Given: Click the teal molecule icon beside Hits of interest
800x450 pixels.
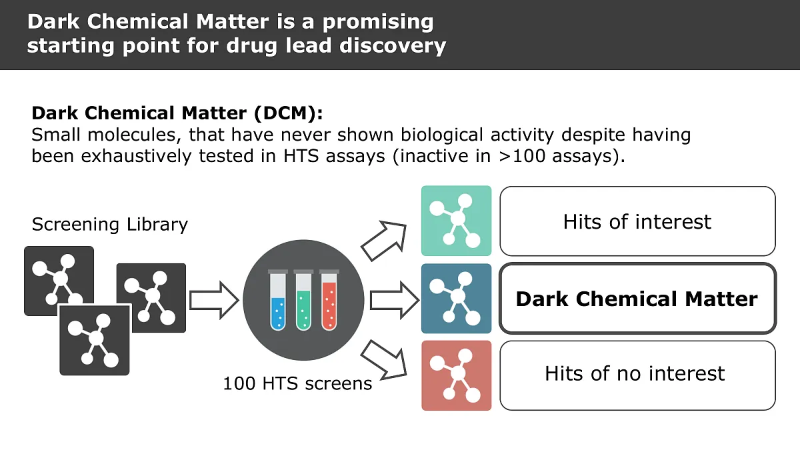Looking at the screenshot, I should pos(457,221).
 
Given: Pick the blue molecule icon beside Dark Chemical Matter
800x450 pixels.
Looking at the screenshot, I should pos(457,298).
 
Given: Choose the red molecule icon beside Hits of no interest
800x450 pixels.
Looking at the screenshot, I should pos(457,375).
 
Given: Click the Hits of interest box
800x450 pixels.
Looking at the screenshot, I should pos(637,221).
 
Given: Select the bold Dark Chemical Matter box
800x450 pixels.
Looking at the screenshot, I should pos(637,299).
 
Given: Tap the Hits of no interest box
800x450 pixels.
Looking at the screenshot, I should pos(637,375).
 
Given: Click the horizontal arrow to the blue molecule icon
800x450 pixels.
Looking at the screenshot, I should pos(393,300).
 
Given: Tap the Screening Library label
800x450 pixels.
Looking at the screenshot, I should pos(110,225).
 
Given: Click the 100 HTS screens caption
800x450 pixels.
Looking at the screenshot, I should pos(297,384).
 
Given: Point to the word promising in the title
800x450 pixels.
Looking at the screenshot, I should pos(378,22).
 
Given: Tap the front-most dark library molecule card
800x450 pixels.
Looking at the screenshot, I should pos(94,339).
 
